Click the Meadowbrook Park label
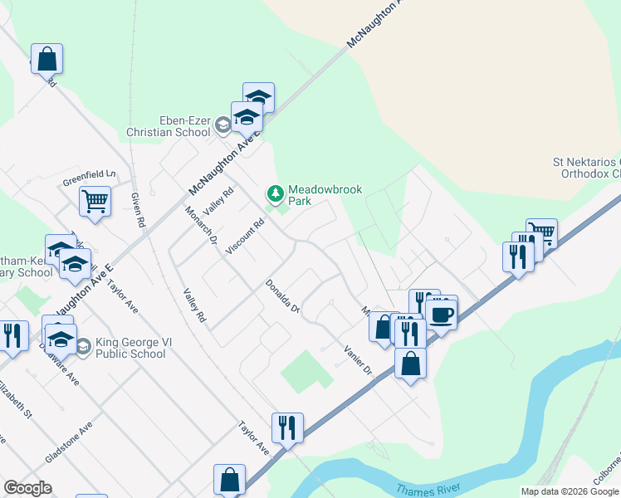(x=325, y=195)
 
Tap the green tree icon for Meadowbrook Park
(x=275, y=193)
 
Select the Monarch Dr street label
(x=200, y=225)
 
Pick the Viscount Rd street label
(x=248, y=236)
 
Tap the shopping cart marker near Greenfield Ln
(x=95, y=200)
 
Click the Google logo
(x=28, y=488)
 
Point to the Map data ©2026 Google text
(x=570, y=491)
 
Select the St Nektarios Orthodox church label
(x=587, y=168)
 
